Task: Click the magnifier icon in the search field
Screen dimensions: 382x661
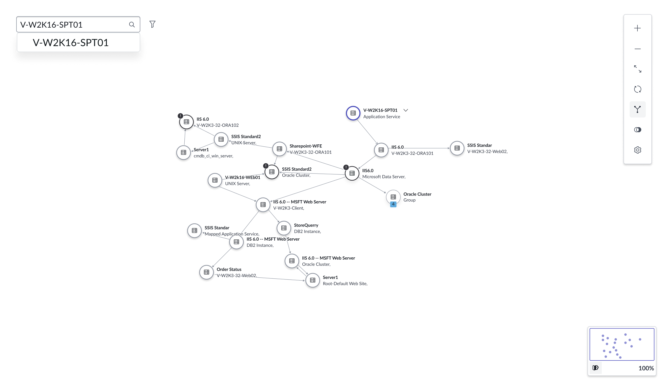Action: [x=132, y=24]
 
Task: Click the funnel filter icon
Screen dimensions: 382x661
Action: [x=152, y=24]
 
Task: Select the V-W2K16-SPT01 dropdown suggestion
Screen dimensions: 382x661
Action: [x=71, y=43]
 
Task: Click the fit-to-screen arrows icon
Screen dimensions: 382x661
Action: [x=637, y=69]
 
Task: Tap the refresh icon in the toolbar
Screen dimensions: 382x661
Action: [x=637, y=89]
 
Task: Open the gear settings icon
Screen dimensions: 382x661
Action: [x=637, y=150]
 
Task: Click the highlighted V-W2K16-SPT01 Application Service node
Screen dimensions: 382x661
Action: [x=353, y=113]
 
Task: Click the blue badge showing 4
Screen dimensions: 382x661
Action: [x=393, y=204]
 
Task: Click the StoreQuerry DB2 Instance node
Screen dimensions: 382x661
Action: [x=284, y=228]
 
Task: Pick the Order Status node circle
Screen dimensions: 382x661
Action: [x=206, y=272]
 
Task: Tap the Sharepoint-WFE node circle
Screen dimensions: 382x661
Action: [x=279, y=149]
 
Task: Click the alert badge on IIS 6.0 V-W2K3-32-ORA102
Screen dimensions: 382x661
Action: [x=181, y=116]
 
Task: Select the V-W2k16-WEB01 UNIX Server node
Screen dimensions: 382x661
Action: [x=215, y=180]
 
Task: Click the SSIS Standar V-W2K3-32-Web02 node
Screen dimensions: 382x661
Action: [x=457, y=148]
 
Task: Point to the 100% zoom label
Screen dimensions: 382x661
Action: [x=646, y=368]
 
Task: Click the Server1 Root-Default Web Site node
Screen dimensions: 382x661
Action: [x=313, y=280]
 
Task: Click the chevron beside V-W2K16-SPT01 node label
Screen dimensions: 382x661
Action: [x=405, y=110]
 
